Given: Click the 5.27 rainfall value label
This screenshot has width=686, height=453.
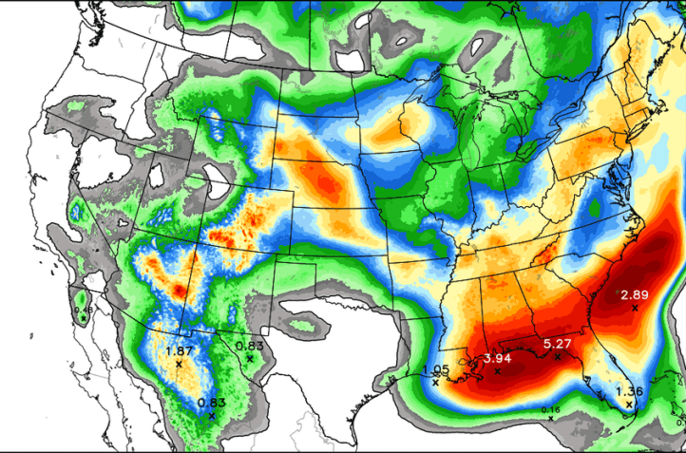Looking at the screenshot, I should (x=557, y=343).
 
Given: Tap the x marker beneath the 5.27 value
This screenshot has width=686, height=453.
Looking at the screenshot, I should (x=557, y=356).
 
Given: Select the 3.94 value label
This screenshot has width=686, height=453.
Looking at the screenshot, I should (x=497, y=358).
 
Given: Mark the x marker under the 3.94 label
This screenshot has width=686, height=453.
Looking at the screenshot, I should (x=497, y=371).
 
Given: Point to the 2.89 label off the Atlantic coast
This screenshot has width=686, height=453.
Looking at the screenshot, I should (x=635, y=295).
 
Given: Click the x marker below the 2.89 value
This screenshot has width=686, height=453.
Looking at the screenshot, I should (x=635, y=309).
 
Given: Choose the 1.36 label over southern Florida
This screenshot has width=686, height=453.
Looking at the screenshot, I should (x=629, y=391).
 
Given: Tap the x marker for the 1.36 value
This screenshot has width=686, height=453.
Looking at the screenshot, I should (x=629, y=405).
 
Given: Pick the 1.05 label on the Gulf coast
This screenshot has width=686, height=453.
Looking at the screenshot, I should (x=435, y=369).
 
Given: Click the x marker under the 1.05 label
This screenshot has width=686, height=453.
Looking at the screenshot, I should (x=435, y=383).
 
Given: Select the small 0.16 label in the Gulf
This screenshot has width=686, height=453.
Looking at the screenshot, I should (x=550, y=409).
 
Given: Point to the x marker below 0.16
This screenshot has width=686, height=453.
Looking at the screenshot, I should (x=550, y=418).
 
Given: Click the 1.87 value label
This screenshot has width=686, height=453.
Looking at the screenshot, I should (x=179, y=351).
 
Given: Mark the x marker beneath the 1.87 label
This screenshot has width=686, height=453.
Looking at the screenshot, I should (x=179, y=365).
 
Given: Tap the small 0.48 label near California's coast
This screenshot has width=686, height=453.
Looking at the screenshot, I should (x=84, y=310).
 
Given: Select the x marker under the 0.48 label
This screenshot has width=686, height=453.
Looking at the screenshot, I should (x=84, y=318).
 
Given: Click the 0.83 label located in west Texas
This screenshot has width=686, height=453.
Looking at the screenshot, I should (x=249, y=346).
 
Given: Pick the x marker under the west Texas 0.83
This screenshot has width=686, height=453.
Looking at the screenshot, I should (x=249, y=359).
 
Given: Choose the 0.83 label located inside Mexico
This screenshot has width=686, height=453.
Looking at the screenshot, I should (x=211, y=403).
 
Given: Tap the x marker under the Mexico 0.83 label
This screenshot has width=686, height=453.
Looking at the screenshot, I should (x=211, y=416).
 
